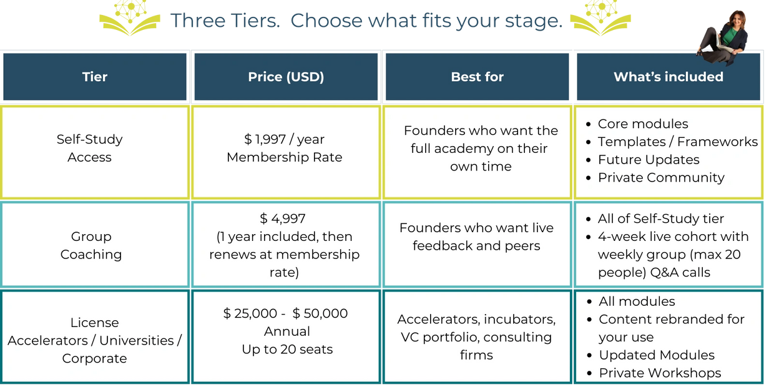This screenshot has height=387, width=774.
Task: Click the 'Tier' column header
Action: pyautogui.click(x=95, y=77)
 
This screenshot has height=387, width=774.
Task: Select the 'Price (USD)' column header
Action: pyautogui.click(x=286, y=77)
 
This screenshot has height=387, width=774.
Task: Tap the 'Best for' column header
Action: pyautogui.click(x=477, y=77)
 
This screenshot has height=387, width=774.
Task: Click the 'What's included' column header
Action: pyautogui.click(x=669, y=77)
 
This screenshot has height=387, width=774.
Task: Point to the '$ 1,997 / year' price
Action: pyautogui.click(x=284, y=139)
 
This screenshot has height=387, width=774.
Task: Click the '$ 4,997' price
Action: pyautogui.click(x=283, y=218)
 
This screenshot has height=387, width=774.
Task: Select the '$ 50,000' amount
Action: pyautogui.click(x=320, y=313)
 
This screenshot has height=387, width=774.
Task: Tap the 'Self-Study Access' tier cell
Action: pyautogui.click(x=89, y=148)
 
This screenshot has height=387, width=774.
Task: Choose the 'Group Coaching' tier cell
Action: pyautogui.click(x=91, y=245)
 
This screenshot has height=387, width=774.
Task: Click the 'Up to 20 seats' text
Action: pyautogui.click(x=287, y=350)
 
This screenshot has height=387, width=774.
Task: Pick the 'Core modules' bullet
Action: pyautogui.click(x=643, y=124)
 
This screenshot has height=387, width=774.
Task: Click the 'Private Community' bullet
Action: pyautogui.click(x=661, y=178)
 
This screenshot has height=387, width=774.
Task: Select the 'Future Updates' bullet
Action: pyautogui.click(x=649, y=160)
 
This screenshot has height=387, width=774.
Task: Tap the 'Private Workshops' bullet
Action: pyautogui.click(x=660, y=373)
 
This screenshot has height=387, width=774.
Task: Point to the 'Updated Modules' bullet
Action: pyautogui.click(x=657, y=355)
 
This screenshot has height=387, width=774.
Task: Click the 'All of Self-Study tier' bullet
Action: pyautogui.click(x=660, y=218)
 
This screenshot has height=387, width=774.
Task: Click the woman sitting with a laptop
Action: pyautogui.click(x=723, y=38)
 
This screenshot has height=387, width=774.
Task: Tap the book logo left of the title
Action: pyautogui.click(x=130, y=18)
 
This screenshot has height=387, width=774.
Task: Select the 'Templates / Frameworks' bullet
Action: pyautogui.click(x=678, y=142)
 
